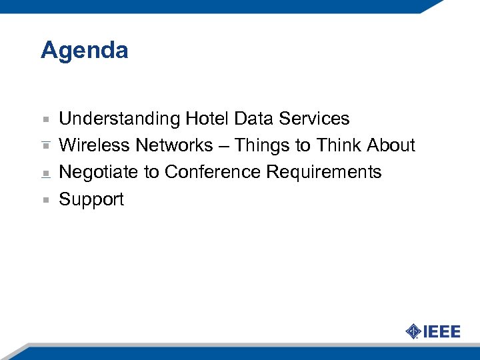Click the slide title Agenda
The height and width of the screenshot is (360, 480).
(84, 51)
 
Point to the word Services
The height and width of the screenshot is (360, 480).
(314, 119)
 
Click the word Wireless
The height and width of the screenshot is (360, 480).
(95, 145)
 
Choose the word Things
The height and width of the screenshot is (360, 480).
(263, 146)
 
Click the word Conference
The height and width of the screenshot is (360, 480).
(213, 172)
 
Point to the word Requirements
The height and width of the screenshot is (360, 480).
(324, 173)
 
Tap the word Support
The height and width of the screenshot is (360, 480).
(91, 200)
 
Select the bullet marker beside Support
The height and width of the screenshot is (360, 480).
(45, 199)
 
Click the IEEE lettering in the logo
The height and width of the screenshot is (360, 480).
(442, 331)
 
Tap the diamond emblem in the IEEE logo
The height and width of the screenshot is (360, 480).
(413, 331)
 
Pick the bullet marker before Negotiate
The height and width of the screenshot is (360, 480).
(45, 173)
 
